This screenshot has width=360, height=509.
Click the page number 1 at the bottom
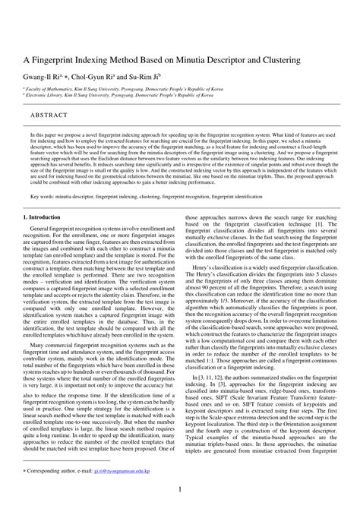click(x=180, y=491)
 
